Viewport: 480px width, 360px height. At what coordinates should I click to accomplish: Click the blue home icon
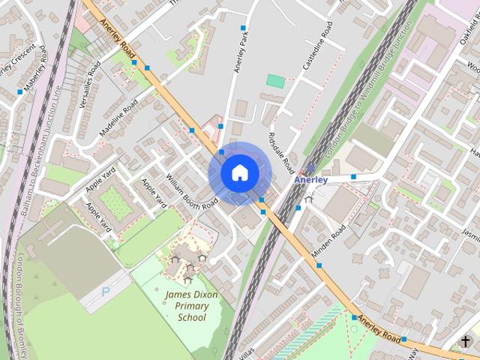coord(239,173)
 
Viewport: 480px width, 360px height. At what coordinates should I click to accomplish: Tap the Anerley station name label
coord(310,180)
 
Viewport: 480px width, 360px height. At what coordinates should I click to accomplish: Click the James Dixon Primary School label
coord(191,306)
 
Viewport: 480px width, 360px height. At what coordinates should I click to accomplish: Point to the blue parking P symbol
coord(106,292)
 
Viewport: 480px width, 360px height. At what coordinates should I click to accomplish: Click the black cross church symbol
coord(466,341)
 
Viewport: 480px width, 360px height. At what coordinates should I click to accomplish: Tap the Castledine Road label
coord(317,46)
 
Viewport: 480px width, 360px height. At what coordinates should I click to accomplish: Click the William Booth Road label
coord(192,192)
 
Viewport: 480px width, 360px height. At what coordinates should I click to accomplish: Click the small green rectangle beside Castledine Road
coord(276,81)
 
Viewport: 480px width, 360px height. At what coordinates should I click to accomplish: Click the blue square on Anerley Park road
coord(243,28)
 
